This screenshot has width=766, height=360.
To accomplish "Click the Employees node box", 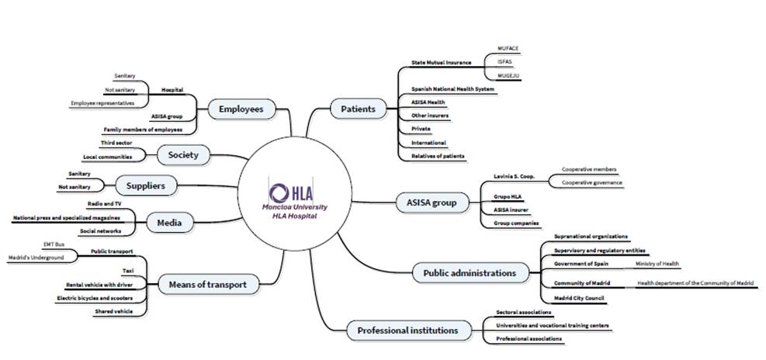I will (x=241, y=109).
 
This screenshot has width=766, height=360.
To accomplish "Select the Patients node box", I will (x=358, y=109).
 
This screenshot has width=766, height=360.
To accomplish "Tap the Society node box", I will (x=183, y=154).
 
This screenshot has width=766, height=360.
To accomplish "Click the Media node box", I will (x=168, y=223).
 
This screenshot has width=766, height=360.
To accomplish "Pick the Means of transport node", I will (x=207, y=285).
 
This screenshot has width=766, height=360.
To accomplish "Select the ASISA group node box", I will (x=432, y=203).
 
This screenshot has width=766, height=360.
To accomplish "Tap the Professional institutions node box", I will (x=407, y=331).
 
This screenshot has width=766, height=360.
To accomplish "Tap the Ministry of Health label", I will (x=657, y=264).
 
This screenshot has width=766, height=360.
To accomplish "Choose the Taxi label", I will (x=128, y=271).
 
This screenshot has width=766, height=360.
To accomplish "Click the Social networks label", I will (x=100, y=231).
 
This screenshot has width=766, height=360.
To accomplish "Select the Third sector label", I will (x=116, y=144).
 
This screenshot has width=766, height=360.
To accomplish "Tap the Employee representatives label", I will (x=102, y=102).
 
